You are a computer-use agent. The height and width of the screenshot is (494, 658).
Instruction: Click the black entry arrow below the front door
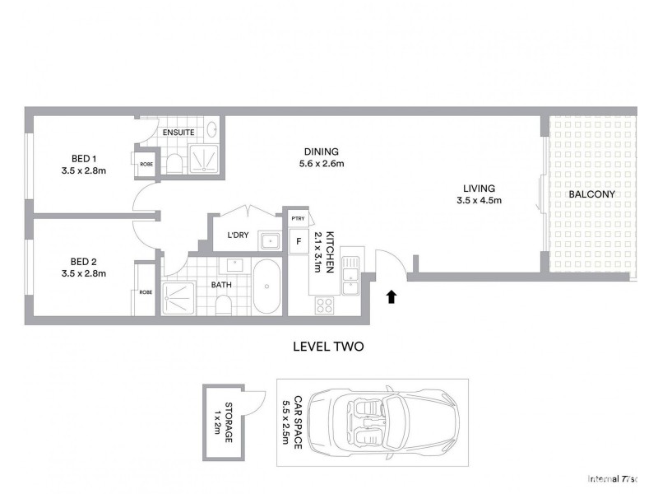pos(392,295)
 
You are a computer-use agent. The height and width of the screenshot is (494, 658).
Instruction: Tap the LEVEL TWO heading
pos(328,347)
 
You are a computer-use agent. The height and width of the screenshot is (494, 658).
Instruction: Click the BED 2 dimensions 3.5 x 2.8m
pos(84,273)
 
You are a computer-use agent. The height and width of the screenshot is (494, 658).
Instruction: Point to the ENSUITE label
pos(178,132)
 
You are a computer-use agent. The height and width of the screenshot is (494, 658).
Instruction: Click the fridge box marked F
pos(298,242)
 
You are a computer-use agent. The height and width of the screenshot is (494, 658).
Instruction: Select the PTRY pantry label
pos(298,218)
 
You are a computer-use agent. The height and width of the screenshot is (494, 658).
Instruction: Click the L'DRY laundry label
pos(238,235)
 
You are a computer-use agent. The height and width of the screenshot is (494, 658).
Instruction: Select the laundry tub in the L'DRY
pos(269,240)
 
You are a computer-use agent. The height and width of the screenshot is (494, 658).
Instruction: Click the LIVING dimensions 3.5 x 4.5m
pos(480,200)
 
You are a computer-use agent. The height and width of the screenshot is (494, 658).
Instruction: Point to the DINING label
pos(322,151)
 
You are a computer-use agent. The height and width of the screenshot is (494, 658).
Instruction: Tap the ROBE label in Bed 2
pos(146,292)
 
